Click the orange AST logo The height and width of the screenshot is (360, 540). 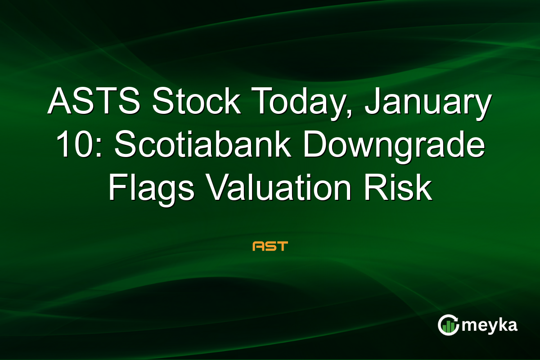pyautogui.click(x=270, y=246)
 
